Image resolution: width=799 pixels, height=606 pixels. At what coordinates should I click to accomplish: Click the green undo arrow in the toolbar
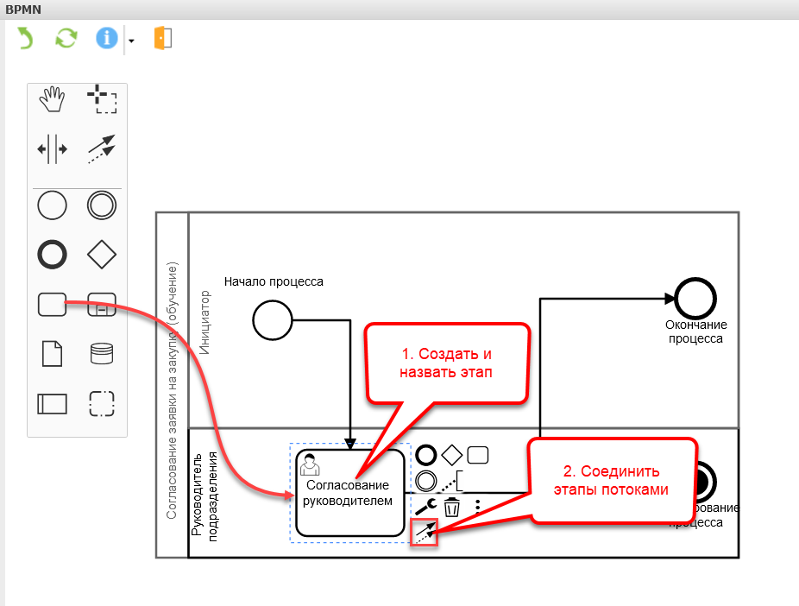tap(25, 38)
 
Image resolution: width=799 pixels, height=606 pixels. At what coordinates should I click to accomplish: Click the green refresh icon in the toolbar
tap(66, 38)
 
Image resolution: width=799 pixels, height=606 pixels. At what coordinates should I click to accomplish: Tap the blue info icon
tap(106, 38)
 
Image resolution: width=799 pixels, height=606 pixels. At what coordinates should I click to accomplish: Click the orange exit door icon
tap(163, 38)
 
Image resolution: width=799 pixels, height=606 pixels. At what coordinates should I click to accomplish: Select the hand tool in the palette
tap(52, 99)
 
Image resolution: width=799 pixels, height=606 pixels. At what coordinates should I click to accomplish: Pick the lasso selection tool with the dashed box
tap(103, 99)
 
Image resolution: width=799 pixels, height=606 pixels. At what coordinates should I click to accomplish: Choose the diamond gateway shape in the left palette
tap(102, 255)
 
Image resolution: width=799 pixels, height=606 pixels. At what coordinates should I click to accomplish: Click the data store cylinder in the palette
tap(102, 354)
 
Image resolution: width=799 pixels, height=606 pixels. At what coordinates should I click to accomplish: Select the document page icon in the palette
tap(52, 354)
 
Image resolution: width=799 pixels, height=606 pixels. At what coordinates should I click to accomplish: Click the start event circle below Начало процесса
tap(268, 321)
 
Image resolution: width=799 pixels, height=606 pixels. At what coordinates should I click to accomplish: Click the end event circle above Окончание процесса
tap(695, 299)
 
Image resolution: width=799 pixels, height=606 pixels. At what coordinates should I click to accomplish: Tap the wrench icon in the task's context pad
tap(425, 506)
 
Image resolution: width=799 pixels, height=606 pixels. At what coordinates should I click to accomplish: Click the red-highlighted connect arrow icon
tap(425, 533)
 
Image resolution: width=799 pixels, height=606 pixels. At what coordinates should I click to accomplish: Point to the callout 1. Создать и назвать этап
tap(446, 363)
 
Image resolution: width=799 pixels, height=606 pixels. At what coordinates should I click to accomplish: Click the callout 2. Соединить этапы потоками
tap(611, 480)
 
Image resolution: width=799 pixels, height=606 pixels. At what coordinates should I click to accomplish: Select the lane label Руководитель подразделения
tap(201, 494)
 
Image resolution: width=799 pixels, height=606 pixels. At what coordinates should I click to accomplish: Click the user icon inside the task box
tap(308, 465)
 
